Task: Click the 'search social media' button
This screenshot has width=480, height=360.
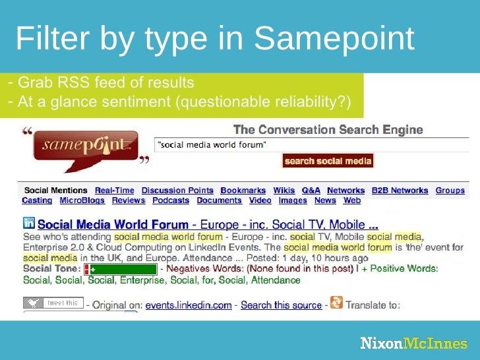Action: (x=328, y=161)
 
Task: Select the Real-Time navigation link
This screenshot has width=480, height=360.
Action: (x=115, y=191)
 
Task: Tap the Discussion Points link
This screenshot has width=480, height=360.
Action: (x=177, y=191)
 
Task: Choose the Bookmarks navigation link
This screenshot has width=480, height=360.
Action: (x=243, y=191)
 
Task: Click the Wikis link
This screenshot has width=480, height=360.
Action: (x=284, y=191)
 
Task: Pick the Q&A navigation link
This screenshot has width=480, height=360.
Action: (x=311, y=191)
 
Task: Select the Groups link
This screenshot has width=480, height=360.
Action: (x=450, y=191)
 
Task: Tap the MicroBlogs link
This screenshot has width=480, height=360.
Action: (x=82, y=200)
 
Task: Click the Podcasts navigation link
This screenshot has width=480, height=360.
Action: (x=171, y=200)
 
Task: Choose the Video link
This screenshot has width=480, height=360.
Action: (x=260, y=200)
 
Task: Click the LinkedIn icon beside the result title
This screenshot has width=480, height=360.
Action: (x=29, y=224)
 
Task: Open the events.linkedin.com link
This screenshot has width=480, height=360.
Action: (x=189, y=305)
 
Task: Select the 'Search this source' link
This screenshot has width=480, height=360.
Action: (x=281, y=305)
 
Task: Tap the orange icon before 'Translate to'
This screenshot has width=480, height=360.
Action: (x=336, y=303)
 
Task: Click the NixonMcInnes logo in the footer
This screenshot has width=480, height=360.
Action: (x=413, y=344)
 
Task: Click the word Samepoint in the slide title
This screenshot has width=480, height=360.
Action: (x=333, y=40)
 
